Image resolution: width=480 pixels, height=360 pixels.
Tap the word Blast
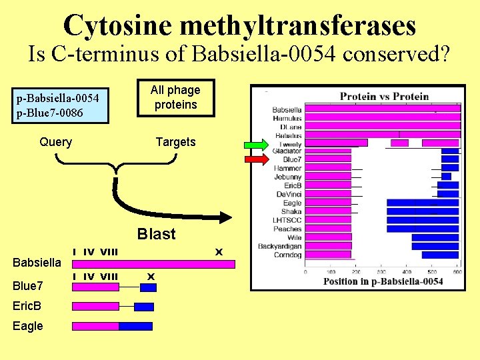tap(156, 234)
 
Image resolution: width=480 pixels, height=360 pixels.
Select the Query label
tap(56, 142)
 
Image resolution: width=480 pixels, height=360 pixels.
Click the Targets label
tap(175, 142)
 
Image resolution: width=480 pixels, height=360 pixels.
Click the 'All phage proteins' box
tap(175, 97)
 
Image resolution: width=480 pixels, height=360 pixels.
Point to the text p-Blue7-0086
tap(50, 113)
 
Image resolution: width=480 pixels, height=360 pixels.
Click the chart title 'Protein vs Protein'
tap(385, 96)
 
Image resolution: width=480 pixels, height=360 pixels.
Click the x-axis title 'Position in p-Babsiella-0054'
tap(383, 281)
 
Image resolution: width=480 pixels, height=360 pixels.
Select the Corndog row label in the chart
tap(287, 255)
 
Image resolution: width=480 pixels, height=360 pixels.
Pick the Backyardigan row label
tap(280, 246)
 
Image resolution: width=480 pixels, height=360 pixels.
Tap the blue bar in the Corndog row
tap(440, 255)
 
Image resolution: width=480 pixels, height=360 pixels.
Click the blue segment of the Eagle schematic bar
tap(135, 326)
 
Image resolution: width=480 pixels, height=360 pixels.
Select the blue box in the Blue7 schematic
tap(148, 287)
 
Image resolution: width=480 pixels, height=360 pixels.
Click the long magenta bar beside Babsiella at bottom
tap(153, 264)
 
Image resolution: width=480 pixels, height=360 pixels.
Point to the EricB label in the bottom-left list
tap(27, 306)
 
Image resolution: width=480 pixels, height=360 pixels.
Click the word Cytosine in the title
tap(117, 25)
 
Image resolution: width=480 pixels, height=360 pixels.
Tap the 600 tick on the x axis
tap(458, 271)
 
